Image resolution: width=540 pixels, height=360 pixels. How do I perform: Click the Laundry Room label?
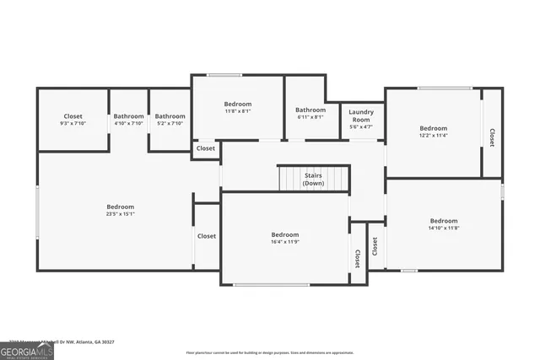pyautogui.click(x=361, y=116)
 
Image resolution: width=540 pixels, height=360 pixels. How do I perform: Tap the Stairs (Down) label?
pyautogui.click(x=313, y=179)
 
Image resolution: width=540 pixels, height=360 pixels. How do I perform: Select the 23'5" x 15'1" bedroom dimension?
pyautogui.click(x=120, y=213)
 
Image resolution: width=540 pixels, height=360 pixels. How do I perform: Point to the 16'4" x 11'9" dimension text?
pyautogui.click(x=284, y=241)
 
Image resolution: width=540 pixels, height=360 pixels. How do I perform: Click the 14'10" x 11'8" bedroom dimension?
pyautogui.click(x=443, y=228)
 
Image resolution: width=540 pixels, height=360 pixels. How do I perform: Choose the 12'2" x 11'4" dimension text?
pyautogui.click(x=433, y=135)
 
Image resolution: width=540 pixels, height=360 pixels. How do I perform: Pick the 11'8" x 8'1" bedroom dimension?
pyautogui.click(x=237, y=110)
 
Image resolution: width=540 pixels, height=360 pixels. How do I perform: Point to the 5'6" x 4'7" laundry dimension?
pyautogui.click(x=361, y=127)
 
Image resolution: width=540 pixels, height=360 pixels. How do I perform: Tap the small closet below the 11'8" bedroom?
pyautogui.click(x=206, y=148)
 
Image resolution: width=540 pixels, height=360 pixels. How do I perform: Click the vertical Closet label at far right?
pyautogui.click(x=492, y=137)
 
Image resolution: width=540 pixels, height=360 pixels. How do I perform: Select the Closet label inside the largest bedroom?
pyautogui.click(x=207, y=236)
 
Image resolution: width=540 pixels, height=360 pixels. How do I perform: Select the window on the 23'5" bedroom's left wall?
pyautogui.click(x=37, y=212)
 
